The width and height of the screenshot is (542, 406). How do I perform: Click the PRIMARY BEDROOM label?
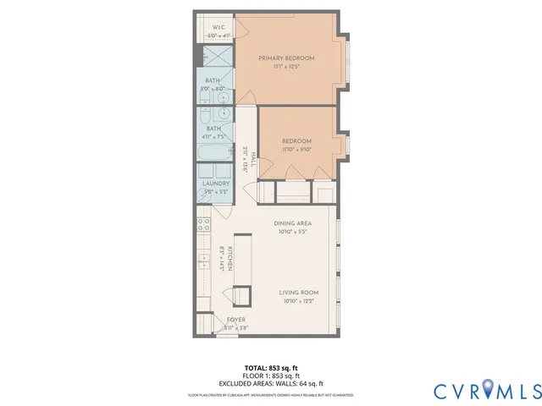click(x=286, y=58)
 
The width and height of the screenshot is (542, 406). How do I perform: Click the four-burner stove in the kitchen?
click(x=204, y=225)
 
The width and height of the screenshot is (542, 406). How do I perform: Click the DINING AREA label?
click(x=292, y=223)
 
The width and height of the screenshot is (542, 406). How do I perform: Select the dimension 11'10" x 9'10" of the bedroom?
click(x=296, y=149)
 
